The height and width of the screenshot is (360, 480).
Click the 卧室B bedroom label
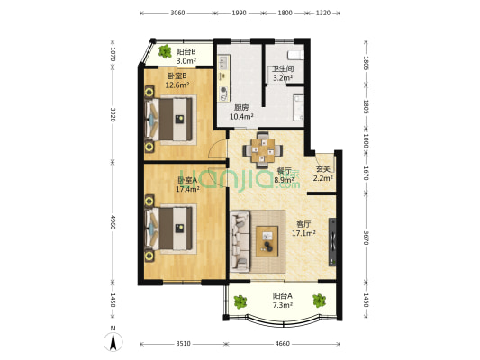point(177,76)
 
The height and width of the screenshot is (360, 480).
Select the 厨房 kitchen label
point(240,107)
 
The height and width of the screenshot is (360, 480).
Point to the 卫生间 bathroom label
point(284,68)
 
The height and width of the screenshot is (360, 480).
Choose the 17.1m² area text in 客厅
point(303,233)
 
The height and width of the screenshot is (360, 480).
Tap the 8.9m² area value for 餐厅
point(285,180)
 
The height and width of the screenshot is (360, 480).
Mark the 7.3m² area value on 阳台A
point(271,306)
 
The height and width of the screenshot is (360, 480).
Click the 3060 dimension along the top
point(177,13)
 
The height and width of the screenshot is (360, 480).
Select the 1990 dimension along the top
point(238,13)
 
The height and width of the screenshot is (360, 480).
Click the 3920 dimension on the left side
point(113,115)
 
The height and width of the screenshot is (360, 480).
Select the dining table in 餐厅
point(263,150)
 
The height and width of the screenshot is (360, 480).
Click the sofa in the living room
point(240,240)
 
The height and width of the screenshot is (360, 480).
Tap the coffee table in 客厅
point(268,239)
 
